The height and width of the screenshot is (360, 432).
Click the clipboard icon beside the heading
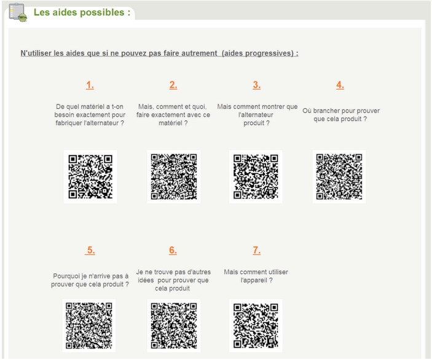pos(18,12)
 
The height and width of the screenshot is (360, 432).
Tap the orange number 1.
pos(90,85)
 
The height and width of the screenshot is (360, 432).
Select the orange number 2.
pos(173,85)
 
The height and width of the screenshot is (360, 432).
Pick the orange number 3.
pos(256,85)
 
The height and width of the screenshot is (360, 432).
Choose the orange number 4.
pos(340,85)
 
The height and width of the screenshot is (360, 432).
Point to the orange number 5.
pos(90,250)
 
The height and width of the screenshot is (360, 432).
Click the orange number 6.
pos(173,250)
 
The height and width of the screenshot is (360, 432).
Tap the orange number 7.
pos(256,250)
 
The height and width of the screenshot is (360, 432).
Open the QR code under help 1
pos(90,176)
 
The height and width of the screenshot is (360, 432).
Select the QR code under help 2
pos(174,176)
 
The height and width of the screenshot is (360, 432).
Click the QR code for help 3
pos(256,176)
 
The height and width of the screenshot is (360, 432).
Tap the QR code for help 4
pos(339,176)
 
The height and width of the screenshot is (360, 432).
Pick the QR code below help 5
pos(89,326)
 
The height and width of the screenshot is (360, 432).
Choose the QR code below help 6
pos(174,326)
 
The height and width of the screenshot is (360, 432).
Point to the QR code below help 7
pos(256,326)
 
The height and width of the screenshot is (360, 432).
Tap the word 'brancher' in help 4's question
pos(325,111)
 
